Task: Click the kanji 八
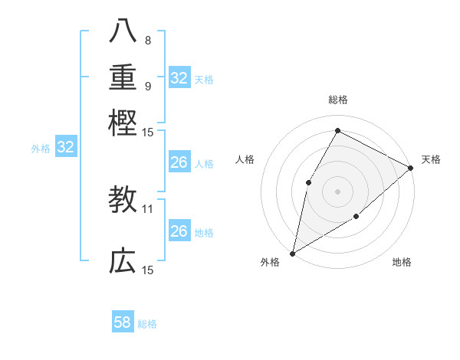pyautogui.click(x=123, y=30)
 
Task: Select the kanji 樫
pyautogui.click(x=123, y=122)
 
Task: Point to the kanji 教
pyautogui.click(x=123, y=200)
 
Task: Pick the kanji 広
pyautogui.click(x=123, y=261)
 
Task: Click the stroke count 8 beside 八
pyautogui.click(x=147, y=40)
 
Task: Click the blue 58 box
pyautogui.click(x=123, y=322)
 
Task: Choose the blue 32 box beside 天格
pyautogui.click(x=179, y=78)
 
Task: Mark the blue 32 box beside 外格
pyautogui.click(x=66, y=147)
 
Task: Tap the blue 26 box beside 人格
pyautogui.click(x=179, y=162)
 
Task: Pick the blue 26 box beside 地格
pyautogui.click(x=179, y=231)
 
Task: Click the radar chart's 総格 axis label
pyautogui.click(x=337, y=100)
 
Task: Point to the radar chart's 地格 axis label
pyautogui.click(x=402, y=263)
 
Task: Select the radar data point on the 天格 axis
pyautogui.click(x=411, y=168)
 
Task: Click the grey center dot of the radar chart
pyautogui.click(x=337, y=191)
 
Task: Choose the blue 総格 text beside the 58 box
pyautogui.click(x=147, y=324)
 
